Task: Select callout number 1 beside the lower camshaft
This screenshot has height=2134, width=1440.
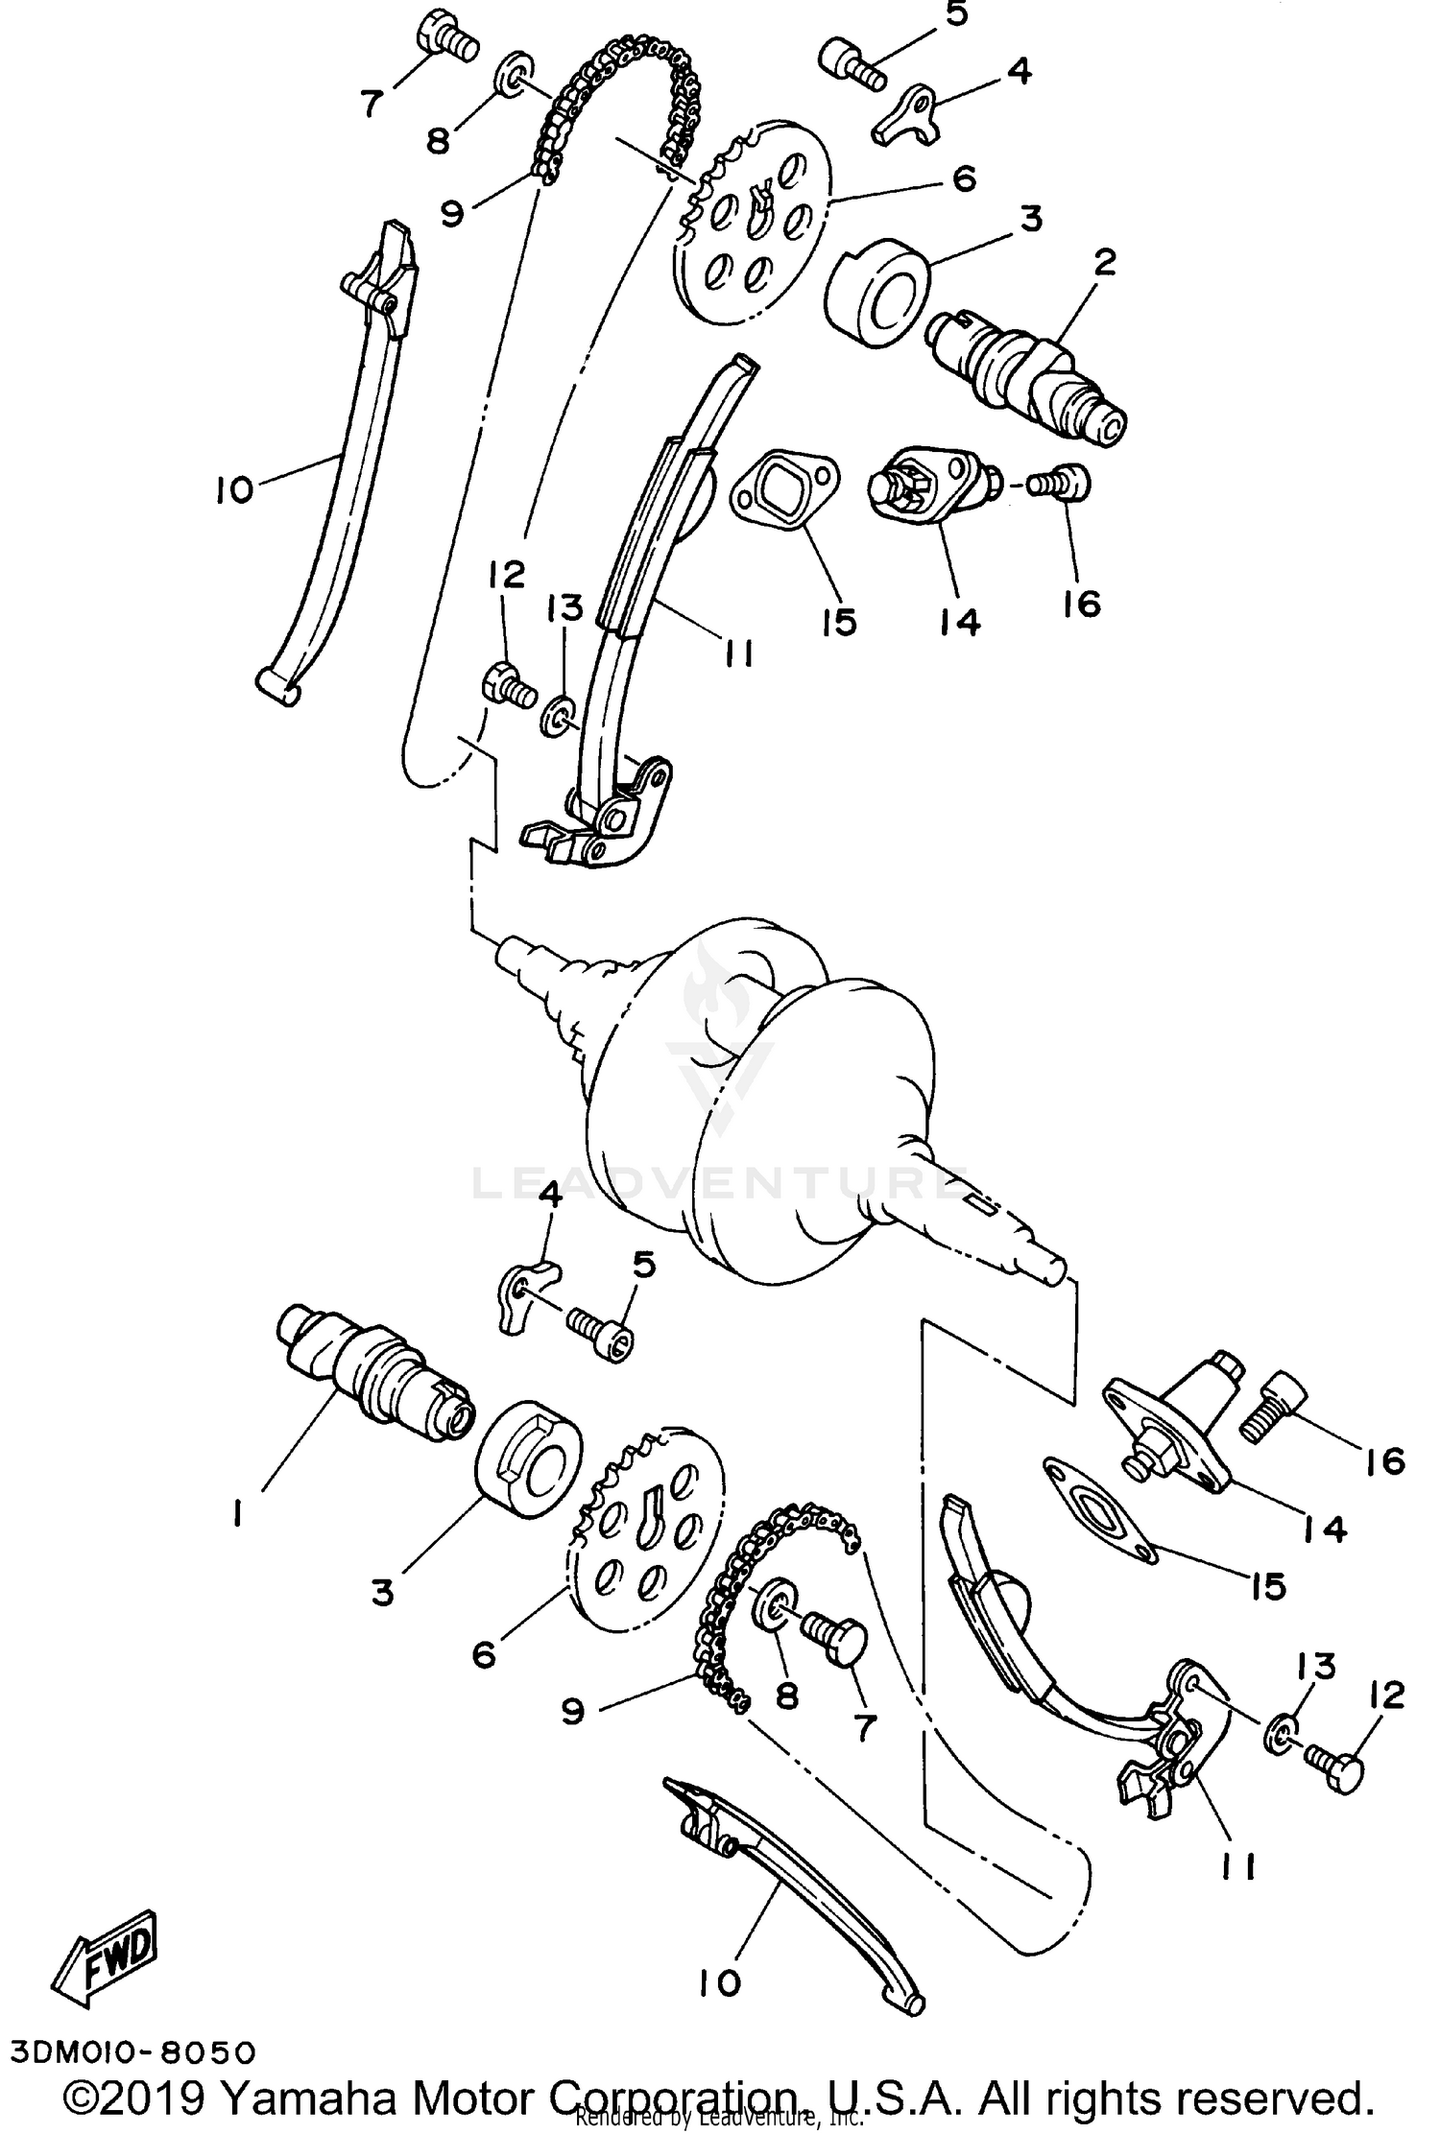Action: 235,1514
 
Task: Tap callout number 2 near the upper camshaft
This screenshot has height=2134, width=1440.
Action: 1104,262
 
